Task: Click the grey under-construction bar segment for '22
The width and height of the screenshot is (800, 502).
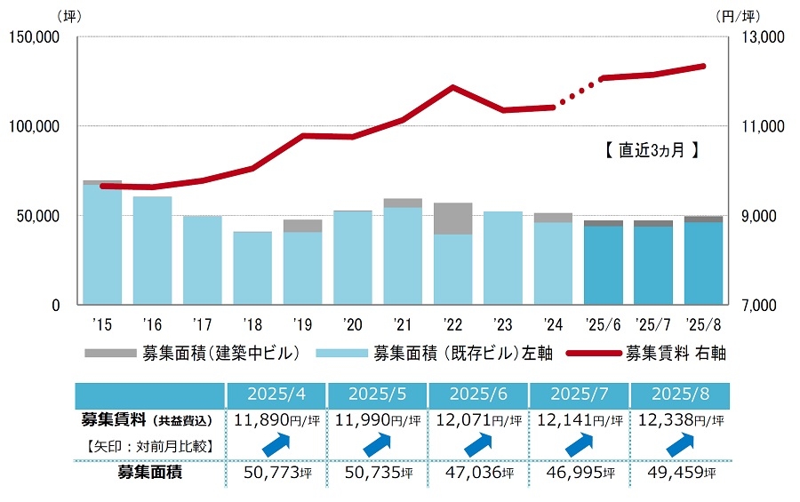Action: click(452, 219)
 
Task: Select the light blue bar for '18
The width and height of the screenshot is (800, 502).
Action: click(252, 267)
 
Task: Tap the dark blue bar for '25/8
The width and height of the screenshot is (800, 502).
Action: click(704, 263)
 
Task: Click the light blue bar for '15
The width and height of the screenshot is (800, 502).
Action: click(102, 244)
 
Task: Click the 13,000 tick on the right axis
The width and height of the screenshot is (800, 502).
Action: click(758, 37)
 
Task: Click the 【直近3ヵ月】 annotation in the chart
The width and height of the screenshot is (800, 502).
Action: click(646, 151)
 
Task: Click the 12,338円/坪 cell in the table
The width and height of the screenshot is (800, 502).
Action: click(679, 419)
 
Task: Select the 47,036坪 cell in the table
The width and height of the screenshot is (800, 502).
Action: click(478, 473)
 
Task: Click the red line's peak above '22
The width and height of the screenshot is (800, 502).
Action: click(453, 87)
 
